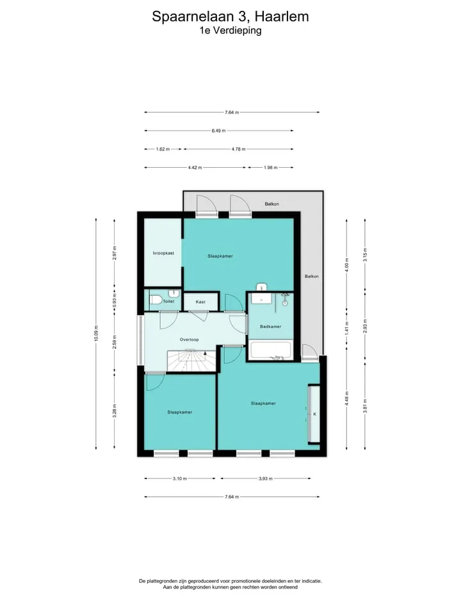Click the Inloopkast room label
163,253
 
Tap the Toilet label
168,302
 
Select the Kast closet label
200,302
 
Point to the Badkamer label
271,327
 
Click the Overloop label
189,339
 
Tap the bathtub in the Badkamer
271,350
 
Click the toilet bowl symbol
156,300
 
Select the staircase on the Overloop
191,361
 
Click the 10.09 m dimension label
96,334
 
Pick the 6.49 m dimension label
218,131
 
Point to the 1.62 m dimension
163,149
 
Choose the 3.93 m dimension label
266,478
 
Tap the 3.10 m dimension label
180,478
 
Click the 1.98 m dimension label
271,167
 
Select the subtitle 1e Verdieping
230,30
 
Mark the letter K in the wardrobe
314,414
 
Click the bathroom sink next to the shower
263,298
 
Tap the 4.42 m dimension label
195,167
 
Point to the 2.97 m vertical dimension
114,253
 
